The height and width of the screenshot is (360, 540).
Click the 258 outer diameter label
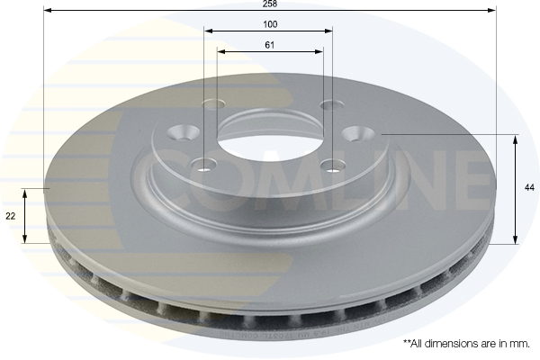(268, 4)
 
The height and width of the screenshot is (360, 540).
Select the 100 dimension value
(268, 25)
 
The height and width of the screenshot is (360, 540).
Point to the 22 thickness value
(12, 216)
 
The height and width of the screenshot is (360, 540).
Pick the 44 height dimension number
(529, 187)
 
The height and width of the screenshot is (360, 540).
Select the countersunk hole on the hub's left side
(184, 133)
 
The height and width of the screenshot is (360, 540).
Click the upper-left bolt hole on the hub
(213, 103)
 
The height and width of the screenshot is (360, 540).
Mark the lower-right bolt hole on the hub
(335, 165)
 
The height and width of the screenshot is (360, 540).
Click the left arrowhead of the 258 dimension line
(47, 10)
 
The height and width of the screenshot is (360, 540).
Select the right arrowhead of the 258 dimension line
(493, 10)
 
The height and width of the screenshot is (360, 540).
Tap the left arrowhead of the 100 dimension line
(208, 31)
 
